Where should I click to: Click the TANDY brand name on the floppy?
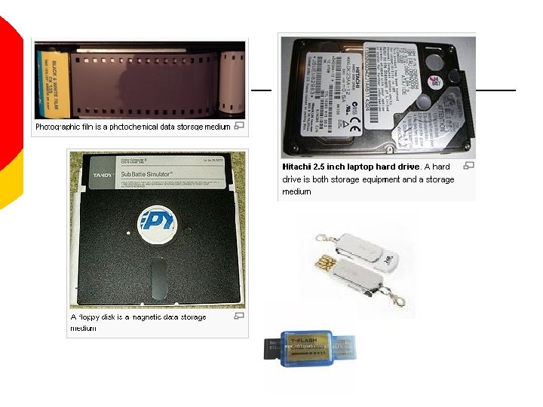coord(102,175)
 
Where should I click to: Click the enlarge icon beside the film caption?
coord(238,126)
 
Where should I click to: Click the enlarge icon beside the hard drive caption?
coord(468,166)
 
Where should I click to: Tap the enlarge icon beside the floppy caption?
coord(238,317)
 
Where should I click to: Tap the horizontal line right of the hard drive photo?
coord(495,90)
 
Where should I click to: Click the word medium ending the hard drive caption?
coord(296,191)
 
